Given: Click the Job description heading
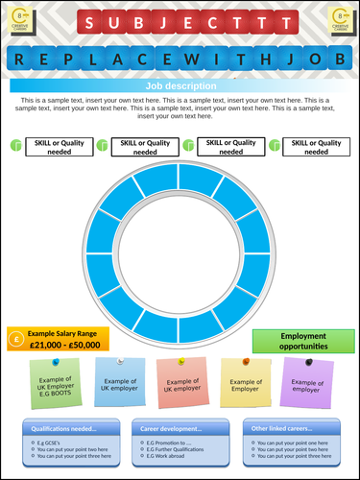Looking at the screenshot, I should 180,85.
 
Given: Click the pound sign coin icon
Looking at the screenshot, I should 15,338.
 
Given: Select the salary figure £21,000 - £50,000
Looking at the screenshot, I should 63,344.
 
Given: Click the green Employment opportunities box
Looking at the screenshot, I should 302,341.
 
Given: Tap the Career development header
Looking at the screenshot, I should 179,428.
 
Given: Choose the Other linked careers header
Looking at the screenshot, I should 290,428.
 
